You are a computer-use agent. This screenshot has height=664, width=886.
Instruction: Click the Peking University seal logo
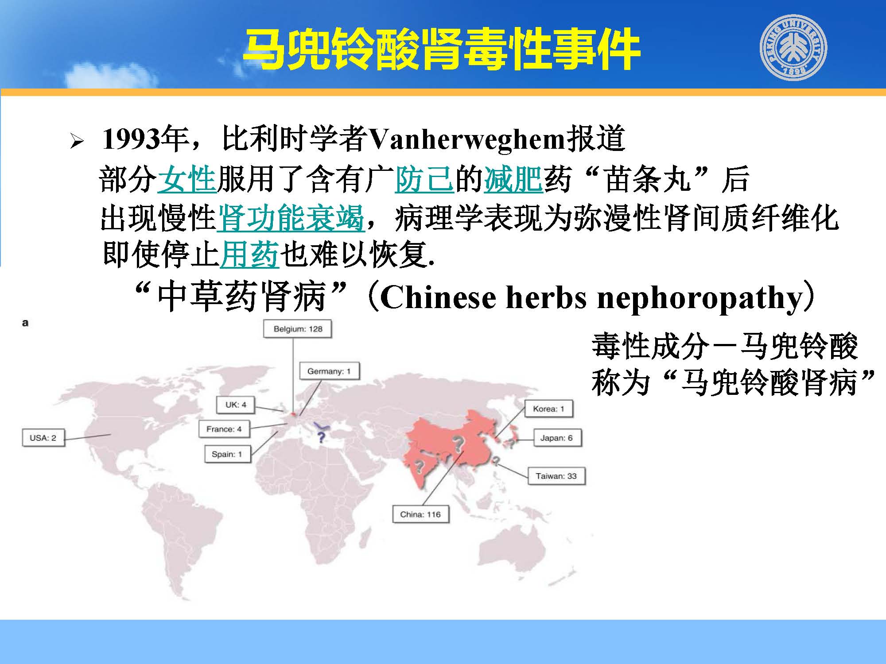click(x=793, y=47)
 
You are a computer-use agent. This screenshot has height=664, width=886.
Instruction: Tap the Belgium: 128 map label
click(x=298, y=329)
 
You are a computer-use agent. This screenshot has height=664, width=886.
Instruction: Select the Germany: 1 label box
click(x=329, y=371)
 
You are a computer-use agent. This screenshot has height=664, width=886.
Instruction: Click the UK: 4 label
click(x=236, y=405)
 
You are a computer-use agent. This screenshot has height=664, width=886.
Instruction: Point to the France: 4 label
click(x=224, y=429)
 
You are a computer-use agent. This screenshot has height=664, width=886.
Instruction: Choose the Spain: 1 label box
click(x=227, y=454)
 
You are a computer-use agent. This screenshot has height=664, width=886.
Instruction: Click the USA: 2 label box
click(x=43, y=438)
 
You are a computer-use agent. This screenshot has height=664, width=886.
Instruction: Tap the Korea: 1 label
click(x=548, y=409)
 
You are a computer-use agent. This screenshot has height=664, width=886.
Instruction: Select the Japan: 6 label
click(x=556, y=438)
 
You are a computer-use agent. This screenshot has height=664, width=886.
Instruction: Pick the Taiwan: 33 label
click(x=556, y=476)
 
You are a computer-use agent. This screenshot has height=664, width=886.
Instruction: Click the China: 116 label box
click(x=420, y=514)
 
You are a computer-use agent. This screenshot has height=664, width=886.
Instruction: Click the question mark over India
click(x=418, y=466)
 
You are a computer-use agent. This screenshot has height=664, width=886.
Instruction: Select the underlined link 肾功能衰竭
click(x=291, y=218)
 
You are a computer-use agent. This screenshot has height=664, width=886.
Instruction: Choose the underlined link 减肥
click(x=513, y=180)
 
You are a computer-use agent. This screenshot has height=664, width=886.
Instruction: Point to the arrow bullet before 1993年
click(x=77, y=142)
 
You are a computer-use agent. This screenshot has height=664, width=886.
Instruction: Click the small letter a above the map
click(x=25, y=323)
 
